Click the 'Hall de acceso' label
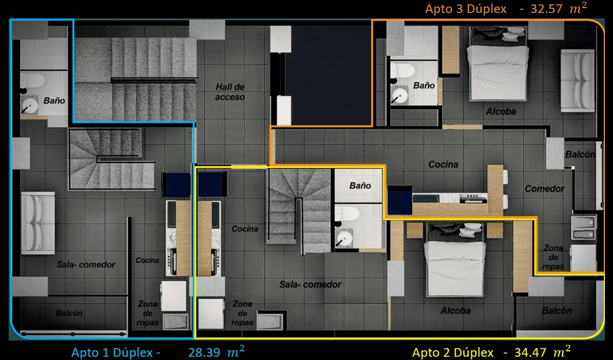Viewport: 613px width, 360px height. point(230,92)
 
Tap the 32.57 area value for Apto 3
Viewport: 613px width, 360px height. point(542,9)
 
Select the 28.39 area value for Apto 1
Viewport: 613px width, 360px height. point(204,352)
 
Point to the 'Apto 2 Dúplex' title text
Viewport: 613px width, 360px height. point(453,352)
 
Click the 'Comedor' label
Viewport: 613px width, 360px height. point(544,189)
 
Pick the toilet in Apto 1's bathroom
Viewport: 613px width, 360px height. point(34,81)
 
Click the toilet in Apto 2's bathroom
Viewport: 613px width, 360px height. point(346,214)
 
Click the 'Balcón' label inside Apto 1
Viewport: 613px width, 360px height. point(69,313)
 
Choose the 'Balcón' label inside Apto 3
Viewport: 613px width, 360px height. point(580,154)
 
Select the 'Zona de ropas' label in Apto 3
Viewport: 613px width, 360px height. point(553,257)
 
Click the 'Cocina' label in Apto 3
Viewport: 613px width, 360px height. point(443,165)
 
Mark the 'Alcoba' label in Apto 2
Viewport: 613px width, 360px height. point(455,311)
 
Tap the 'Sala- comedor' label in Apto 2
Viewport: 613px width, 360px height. point(310,284)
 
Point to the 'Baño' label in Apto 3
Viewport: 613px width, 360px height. point(424,86)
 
